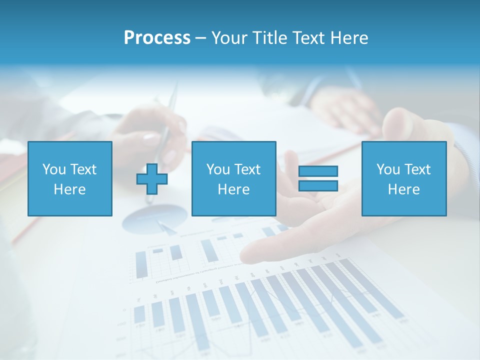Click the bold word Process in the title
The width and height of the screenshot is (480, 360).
[157, 38]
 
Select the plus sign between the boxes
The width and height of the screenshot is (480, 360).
[152, 178]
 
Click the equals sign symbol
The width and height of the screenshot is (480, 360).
[318, 178]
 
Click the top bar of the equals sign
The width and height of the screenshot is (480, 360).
[318, 171]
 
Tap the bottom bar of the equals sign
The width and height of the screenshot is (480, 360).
[318, 185]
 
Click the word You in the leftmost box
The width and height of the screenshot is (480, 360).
[53, 169]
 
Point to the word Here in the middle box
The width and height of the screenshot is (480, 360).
[233, 189]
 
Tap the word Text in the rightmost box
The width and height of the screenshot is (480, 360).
[417, 169]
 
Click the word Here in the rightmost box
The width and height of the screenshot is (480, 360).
[404, 189]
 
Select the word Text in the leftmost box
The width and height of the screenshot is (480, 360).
[83, 169]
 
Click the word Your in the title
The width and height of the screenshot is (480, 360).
[227, 38]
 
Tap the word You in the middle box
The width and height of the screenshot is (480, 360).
[218, 169]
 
